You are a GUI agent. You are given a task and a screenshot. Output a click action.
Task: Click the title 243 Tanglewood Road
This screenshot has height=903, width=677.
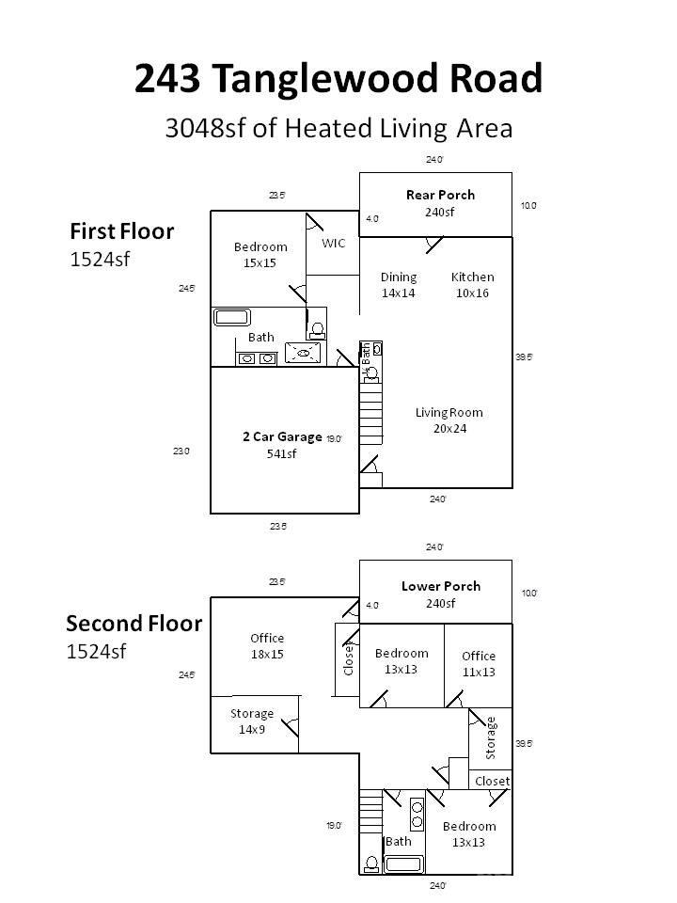(338, 79)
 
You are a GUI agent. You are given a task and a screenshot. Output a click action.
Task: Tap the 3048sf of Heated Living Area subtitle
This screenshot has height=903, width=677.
(338, 129)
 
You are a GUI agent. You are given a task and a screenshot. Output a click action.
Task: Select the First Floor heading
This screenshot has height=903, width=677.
(121, 230)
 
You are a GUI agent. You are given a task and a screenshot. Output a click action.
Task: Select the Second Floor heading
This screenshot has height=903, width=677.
(134, 623)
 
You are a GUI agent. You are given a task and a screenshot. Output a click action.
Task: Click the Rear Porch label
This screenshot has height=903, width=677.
(440, 196)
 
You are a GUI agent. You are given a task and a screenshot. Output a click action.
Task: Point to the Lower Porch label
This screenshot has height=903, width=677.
(440, 586)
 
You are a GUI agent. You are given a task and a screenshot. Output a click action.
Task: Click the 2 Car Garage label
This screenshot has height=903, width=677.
(282, 437)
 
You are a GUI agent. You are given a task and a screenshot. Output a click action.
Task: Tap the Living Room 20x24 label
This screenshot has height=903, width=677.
(449, 420)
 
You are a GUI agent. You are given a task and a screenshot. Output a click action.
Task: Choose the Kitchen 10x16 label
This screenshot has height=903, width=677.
(472, 285)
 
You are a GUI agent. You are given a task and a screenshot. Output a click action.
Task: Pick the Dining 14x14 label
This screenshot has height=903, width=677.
(399, 285)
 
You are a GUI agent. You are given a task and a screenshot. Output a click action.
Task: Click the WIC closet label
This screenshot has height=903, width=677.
(334, 243)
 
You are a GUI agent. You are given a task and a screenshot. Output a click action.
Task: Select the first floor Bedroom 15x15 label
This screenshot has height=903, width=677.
(260, 255)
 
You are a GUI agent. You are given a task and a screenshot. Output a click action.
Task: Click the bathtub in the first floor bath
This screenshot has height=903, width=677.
(231, 317)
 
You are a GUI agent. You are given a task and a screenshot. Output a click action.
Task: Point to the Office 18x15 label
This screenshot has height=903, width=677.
(267, 646)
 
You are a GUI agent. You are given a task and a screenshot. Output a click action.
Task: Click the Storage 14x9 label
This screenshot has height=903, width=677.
(252, 721)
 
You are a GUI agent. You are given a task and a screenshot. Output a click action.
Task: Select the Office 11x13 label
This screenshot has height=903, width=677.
(479, 664)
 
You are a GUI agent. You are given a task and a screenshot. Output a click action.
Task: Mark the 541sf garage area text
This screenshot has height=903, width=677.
(282, 454)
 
